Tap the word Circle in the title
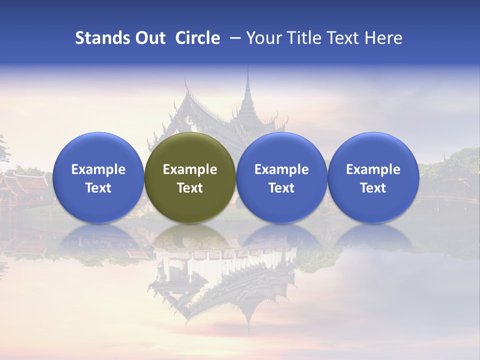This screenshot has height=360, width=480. [x=197, y=38]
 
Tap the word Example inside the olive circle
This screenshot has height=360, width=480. [x=190, y=169]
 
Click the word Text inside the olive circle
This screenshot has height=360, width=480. [x=190, y=188]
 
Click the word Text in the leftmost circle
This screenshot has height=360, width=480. [x=98, y=188]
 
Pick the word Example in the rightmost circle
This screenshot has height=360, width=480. [x=373, y=169]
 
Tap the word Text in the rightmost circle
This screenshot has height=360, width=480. [x=373, y=188]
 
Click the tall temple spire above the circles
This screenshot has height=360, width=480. [x=247, y=95]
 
